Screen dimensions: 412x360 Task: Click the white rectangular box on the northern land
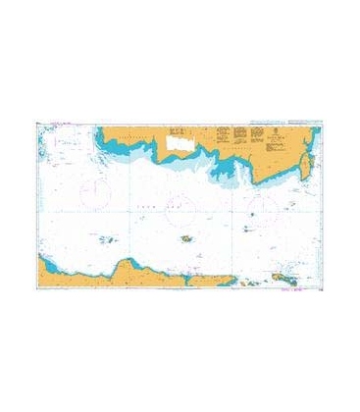coord(181,143)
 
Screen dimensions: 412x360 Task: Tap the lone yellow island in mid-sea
coord(184,241)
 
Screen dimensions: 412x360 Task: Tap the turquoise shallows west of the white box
coord(147,147)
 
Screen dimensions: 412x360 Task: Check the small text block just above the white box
coord(178,129)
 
